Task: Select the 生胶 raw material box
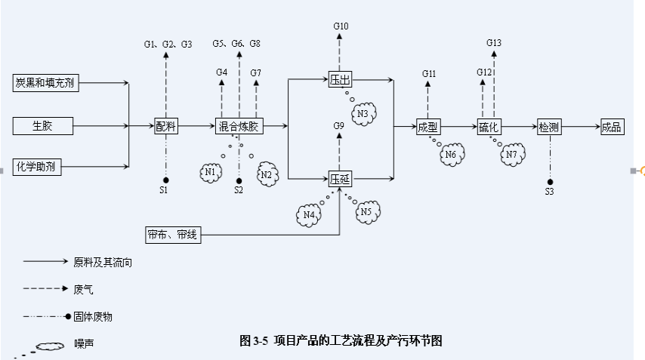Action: point(43,125)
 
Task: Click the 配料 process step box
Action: point(166,126)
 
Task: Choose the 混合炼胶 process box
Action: point(239,126)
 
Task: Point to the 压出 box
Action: point(339,78)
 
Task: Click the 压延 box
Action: point(339,179)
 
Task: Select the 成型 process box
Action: point(427,126)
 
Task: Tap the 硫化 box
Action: point(489,126)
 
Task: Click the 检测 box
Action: point(549,126)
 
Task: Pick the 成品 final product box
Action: point(611,126)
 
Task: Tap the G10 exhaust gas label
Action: point(341,26)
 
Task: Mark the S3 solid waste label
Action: point(549,192)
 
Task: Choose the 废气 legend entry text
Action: point(83,288)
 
